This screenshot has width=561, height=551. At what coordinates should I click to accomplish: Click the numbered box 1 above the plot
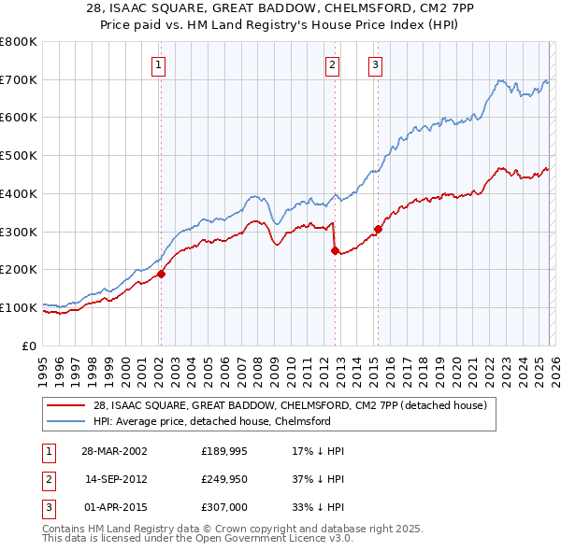pos(159,64)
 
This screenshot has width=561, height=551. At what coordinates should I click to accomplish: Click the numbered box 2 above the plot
pos(332,64)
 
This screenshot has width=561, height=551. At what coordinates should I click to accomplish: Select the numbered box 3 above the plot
pos(375,64)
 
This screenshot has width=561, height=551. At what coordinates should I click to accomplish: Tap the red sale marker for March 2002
pos(161,274)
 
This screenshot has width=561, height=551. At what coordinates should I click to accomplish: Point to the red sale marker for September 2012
pos(334,250)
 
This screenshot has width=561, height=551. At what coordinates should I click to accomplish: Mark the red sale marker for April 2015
pos(378,229)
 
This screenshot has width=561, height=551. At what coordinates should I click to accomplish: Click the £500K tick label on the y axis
pos(19,156)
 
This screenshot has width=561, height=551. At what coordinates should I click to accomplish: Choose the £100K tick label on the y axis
pos(19,307)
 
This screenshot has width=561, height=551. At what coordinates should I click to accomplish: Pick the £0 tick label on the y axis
pos(28,346)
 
